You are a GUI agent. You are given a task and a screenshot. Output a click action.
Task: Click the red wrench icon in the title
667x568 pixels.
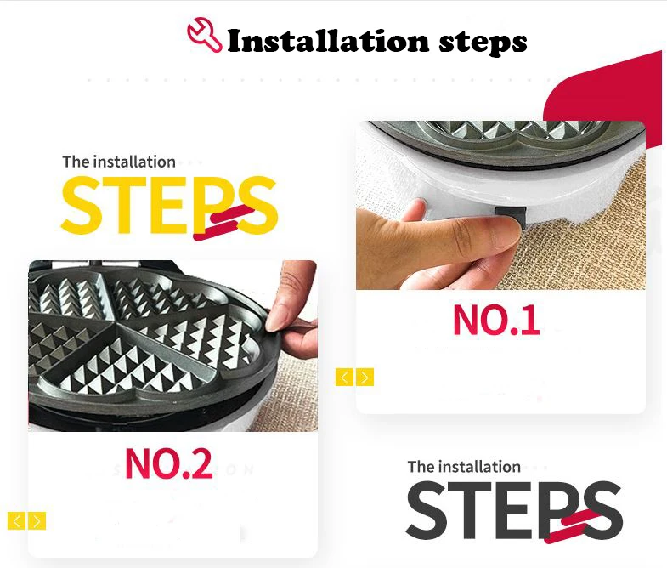[204, 35]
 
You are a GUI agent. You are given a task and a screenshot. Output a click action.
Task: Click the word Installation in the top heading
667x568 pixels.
[328, 42]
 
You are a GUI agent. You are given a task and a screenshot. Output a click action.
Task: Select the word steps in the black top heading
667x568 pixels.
[483, 43]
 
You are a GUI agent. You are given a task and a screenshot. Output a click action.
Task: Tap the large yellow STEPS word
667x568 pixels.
[169, 205]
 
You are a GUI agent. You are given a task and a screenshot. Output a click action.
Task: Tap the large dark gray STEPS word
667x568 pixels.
[514, 510]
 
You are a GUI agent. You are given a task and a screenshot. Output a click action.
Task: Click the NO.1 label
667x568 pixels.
[496, 320]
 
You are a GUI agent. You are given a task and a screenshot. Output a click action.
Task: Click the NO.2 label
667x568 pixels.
[169, 463]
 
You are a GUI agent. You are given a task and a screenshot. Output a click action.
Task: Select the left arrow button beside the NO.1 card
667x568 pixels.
[345, 378]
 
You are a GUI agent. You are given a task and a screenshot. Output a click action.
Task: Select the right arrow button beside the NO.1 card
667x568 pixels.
[365, 378]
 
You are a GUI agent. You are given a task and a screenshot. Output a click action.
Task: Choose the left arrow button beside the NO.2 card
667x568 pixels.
[17, 521]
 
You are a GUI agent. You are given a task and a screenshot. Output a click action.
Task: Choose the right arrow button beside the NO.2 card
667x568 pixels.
[37, 521]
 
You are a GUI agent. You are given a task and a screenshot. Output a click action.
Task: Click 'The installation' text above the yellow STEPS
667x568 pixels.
[119, 162]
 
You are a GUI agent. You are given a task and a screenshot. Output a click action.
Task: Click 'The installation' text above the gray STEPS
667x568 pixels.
[464, 467]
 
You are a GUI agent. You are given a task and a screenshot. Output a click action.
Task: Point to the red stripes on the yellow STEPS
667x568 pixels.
[223, 221]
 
